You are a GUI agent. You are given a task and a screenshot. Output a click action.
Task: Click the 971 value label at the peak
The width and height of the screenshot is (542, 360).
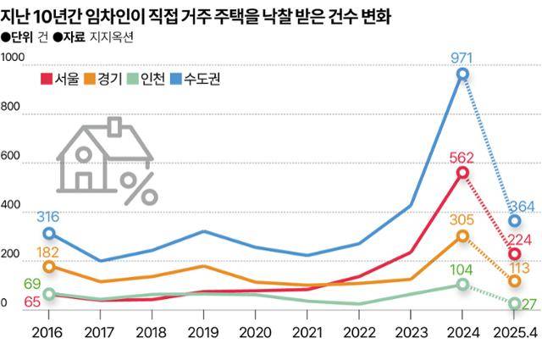click(462, 59)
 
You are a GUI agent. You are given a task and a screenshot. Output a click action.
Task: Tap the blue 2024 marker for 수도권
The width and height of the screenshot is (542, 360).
click(462, 75)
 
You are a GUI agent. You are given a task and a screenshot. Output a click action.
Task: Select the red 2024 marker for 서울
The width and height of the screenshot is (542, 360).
click(462, 173)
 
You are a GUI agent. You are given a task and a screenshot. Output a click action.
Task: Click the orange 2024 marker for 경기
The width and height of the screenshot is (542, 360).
click(462, 235)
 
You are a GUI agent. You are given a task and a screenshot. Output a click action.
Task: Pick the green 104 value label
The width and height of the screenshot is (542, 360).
click(462, 269)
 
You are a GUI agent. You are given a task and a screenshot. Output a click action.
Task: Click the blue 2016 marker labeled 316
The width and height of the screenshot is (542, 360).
click(49, 233)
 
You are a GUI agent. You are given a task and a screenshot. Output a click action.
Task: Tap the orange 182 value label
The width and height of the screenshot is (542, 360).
click(49, 252)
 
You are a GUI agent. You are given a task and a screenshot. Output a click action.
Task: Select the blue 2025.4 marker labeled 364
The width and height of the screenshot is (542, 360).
click(514, 221)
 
